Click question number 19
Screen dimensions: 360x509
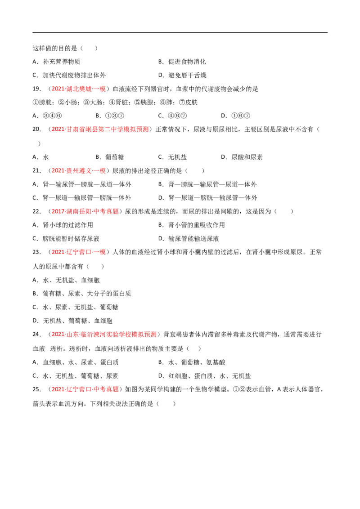pyautogui.click(x=37, y=89)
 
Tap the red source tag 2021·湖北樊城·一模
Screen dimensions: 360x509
pyautogui.click(x=79, y=89)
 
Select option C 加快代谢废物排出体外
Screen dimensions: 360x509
pyautogui.click(x=69, y=75)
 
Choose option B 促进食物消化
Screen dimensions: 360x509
pyautogui.click(x=182, y=62)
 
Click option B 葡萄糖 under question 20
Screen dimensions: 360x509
pyautogui.click(x=110, y=157)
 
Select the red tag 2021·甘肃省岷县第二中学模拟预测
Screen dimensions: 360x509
pyautogui.click(x=100, y=129)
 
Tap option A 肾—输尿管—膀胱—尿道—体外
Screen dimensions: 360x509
pyautogui.click(x=82, y=184)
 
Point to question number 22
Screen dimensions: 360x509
pyautogui.click(x=37, y=211)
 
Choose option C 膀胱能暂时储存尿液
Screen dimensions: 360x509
pyautogui.click(x=66, y=239)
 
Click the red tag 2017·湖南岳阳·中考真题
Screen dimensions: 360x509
pyautogui.click(x=85, y=211)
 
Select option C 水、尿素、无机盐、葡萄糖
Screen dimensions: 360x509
pyautogui.click(x=76, y=307)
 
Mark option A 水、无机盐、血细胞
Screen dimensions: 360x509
pyautogui.click(x=66, y=280)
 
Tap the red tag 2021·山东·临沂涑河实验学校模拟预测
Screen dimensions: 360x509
pyautogui.click(x=104, y=335)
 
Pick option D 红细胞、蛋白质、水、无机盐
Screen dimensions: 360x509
pyautogui.click(x=205, y=376)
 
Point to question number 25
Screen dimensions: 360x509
pyautogui.click(x=37, y=389)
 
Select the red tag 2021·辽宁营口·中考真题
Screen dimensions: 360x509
pyautogui.click(x=85, y=389)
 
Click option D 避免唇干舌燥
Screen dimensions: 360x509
pyautogui.click(x=182, y=75)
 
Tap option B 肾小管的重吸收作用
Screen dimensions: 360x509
pyautogui.click(x=192, y=225)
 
